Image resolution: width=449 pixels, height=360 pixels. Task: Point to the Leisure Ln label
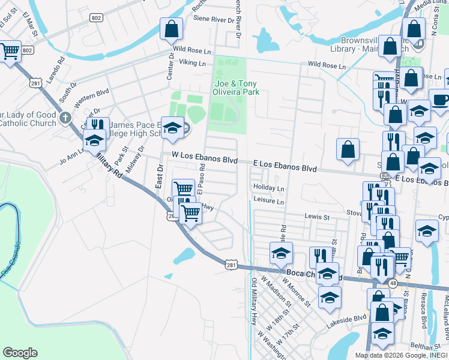click(268, 200)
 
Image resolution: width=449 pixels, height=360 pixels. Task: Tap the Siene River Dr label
click(212, 19)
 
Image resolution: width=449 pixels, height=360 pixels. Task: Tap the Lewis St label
click(318, 216)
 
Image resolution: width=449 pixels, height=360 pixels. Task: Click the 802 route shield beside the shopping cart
click(27, 51)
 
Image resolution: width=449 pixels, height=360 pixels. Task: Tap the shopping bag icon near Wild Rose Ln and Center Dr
click(172, 28)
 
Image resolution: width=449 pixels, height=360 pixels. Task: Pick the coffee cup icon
click(439, 100)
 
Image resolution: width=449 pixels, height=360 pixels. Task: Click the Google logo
click(20, 353)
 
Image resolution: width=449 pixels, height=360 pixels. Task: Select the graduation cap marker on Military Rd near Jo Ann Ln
click(94, 140)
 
